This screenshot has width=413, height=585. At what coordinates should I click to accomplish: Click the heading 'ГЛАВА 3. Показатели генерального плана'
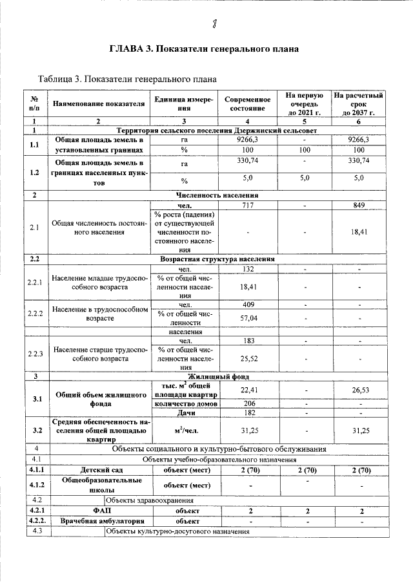(x=206, y=50)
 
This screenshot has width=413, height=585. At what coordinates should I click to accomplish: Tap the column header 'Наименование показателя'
(x=98, y=103)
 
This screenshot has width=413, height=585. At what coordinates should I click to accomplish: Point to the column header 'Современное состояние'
(x=247, y=103)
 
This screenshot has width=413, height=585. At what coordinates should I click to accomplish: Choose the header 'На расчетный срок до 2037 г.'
(x=359, y=103)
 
